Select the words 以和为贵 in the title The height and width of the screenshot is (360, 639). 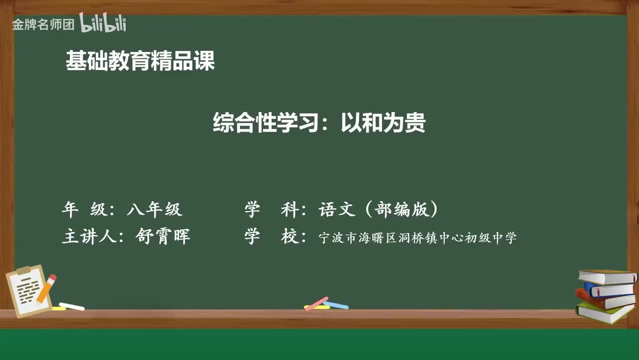[x=383, y=123]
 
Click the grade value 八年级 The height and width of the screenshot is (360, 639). [x=154, y=209]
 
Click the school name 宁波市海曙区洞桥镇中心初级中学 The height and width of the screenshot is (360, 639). [x=417, y=238]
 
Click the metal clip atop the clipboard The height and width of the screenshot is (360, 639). [x=23, y=270]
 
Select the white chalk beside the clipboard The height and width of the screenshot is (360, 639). [x=71, y=306]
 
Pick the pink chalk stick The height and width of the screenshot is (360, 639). [x=317, y=303]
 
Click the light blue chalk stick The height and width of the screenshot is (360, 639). [x=335, y=304]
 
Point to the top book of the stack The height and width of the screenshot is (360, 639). [x=607, y=276]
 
